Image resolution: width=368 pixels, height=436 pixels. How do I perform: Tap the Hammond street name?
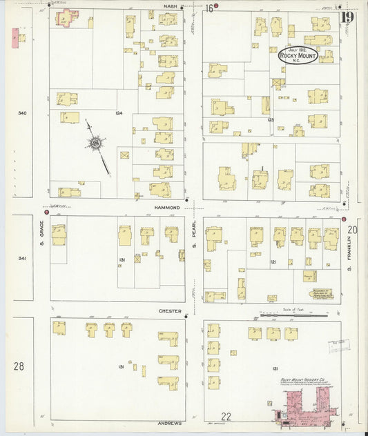(x=168, y=207)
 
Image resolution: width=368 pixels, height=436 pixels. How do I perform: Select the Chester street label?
(x=169, y=310)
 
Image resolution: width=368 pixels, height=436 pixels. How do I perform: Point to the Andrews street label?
(x=169, y=425)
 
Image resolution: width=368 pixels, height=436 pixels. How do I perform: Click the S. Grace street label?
(x=41, y=238)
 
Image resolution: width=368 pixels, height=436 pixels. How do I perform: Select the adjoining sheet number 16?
(x=208, y=8)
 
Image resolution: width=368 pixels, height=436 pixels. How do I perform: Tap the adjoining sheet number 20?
(x=353, y=230)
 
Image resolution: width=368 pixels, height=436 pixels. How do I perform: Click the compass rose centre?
(x=94, y=143)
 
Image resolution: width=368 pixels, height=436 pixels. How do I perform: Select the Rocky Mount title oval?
(x=298, y=55)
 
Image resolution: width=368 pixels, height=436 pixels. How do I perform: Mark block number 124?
(x=119, y=112)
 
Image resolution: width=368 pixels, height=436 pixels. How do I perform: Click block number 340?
(x=22, y=112)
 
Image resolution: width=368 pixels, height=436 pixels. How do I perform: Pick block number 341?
(x=22, y=259)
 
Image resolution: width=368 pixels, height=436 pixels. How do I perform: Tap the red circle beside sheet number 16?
(x=216, y=6)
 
